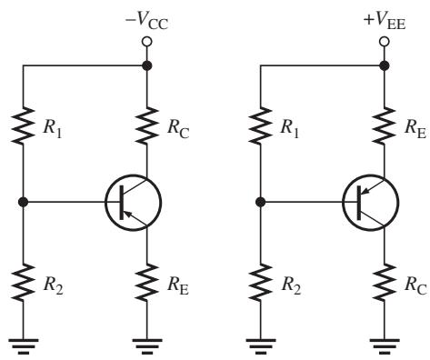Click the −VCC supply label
click(146, 22)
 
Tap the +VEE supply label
click(385, 22)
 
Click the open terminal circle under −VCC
click(147, 42)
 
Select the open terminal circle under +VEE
click(385, 42)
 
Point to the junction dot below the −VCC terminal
click(147, 65)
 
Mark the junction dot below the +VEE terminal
click(385, 65)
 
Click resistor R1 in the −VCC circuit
click(23, 125)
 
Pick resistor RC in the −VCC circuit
click(147, 125)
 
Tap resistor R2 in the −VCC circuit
click(23, 283)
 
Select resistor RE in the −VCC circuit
click(147, 283)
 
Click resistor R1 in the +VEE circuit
click(260, 125)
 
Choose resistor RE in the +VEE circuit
click(385, 125)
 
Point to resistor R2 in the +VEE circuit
click(260, 283)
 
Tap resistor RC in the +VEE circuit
click(385, 283)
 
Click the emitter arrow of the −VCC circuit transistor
click(129, 215)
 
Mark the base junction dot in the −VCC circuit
click(23, 202)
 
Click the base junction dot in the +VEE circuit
click(260, 202)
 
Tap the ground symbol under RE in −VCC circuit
click(147, 346)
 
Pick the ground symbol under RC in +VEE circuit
click(385, 346)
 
